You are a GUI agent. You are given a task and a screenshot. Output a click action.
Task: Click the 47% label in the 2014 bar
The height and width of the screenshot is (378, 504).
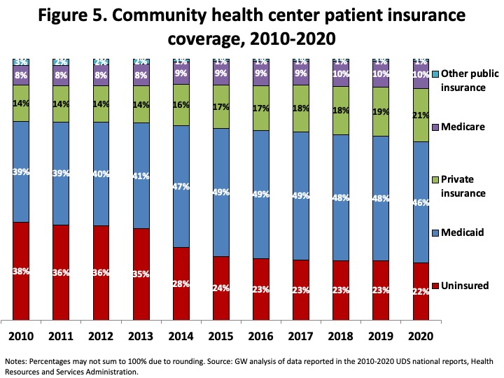pyautogui.click(x=181, y=187)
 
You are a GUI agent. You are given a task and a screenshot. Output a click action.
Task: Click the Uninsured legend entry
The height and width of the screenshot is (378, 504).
pyautogui.click(x=460, y=286)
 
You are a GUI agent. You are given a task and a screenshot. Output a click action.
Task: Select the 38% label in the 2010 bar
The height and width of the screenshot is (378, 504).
pyautogui.click(x=20, y=272)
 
